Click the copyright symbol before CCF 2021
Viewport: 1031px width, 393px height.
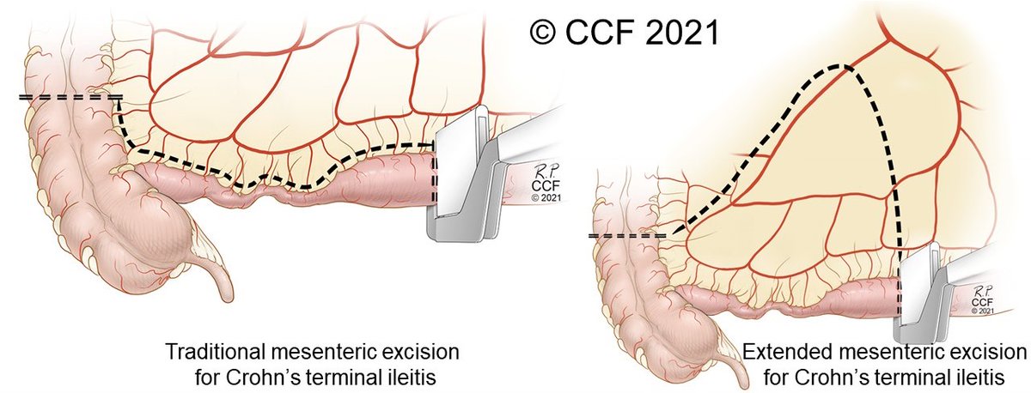click(x=543, y=33)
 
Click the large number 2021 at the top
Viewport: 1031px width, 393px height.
click(x=682, y=33)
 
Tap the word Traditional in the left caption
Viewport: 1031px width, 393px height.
click(x=214, y=352)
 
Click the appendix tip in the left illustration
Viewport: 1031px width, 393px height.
click(x=226, y=297)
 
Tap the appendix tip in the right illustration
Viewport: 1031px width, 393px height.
click(x=743, y=385)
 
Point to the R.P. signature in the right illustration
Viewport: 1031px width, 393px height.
click(x=983, y=291)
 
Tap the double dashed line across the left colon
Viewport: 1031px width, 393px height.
click(x=70, y=97)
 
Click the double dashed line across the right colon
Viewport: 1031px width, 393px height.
click(x=627, y=236)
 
